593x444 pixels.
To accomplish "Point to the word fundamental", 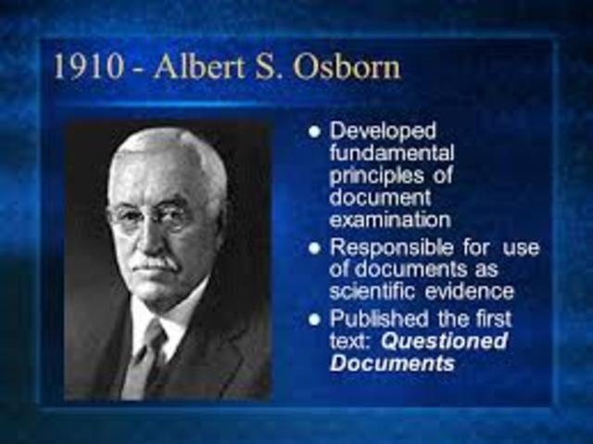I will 392,153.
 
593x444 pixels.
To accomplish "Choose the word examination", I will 390,220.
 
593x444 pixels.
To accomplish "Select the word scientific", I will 365,292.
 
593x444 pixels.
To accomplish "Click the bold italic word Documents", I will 392,363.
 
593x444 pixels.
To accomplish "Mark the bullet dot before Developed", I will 315,133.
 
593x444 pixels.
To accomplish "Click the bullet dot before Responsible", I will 315,248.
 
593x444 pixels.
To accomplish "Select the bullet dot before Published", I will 315,321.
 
